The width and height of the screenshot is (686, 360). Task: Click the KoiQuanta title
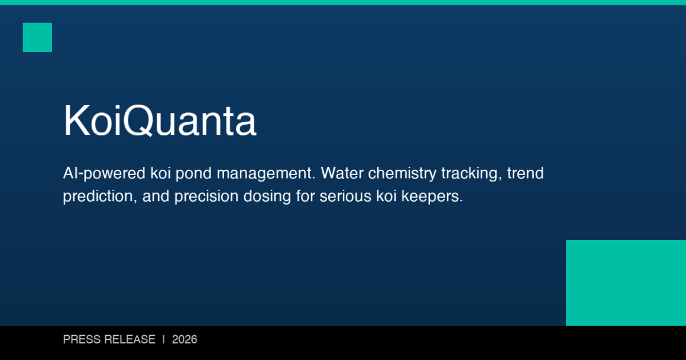pyautogui.click(x=160, y=121)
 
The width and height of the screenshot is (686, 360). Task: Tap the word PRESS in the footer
pyautogui.click(x=82, y=340)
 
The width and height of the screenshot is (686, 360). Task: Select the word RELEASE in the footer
pyautogui.click(x=130, y=340)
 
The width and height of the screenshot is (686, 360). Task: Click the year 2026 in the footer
pyautogui.click(x=185, y=340)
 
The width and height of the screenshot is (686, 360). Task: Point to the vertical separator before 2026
pyautogui.click(x=164, y=340)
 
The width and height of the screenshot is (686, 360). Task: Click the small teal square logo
pyautogui.click(x=37, y=37)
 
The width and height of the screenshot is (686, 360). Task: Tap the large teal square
pyautogui.click(x=626, y=283)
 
